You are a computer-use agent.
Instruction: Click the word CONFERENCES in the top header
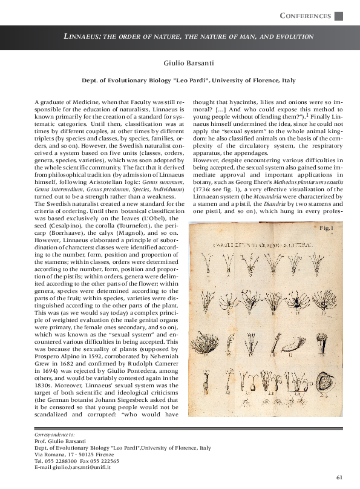click(306, 16)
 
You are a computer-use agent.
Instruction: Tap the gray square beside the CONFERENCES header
click(339, 16)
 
